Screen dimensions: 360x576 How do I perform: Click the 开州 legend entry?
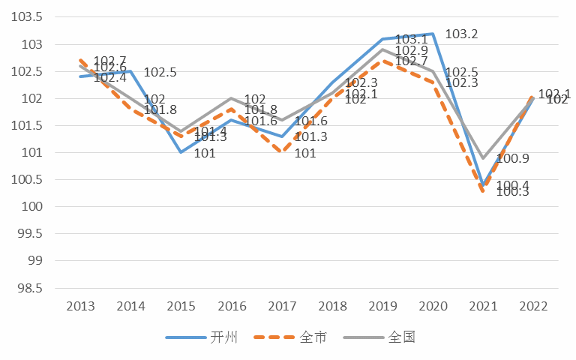click(202, 337)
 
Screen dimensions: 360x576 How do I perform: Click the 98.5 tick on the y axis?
click(31, 288)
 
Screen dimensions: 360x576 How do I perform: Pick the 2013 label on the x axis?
click(81, 306)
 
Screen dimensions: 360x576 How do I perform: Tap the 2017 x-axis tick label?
click(282, 306)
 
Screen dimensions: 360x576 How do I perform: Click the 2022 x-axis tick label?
click(533, 306)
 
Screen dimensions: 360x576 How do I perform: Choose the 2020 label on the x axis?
click(433, 306)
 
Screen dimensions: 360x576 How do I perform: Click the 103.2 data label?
click(461, 34)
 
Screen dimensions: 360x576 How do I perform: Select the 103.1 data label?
click(411, 39)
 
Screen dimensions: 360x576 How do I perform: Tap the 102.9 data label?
click(411, 50)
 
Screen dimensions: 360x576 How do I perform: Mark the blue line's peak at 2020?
click(433, 34)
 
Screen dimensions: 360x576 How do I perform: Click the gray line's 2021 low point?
click(483, 158)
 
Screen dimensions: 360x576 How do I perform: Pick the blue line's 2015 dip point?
click(181, 152)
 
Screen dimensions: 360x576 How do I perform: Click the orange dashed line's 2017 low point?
click(282, 152)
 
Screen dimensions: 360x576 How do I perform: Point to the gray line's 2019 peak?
click(382, 49)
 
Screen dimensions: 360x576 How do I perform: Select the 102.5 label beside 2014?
click(160, 73)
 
